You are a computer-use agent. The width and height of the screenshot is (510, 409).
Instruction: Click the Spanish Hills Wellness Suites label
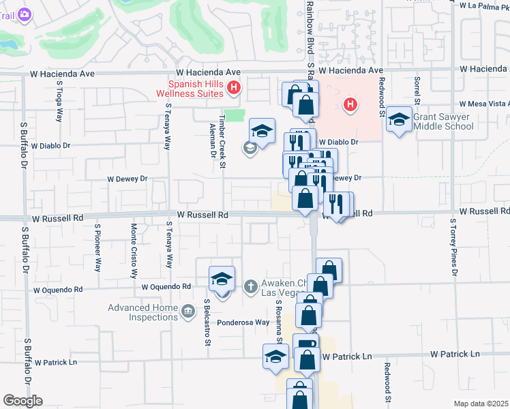[x=190, y=88]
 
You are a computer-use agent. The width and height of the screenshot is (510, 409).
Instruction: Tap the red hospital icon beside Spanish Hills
[x=234, y=87]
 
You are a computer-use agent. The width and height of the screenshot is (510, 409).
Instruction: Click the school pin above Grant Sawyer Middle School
[x=399, y=120]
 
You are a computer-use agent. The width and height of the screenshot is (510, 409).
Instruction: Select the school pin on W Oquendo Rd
[x=222, y=279]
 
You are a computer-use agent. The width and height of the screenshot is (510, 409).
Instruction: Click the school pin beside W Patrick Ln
[x=276, y=357]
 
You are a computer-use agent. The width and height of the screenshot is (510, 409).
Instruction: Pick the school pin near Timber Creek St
[x=261, y=130]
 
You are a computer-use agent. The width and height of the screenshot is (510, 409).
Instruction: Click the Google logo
[x=22, y=401]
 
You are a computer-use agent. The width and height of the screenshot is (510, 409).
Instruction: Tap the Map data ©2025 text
[x=481, y=404]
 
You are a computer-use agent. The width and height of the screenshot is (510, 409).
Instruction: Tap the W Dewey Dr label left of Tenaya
[x=127, y=179]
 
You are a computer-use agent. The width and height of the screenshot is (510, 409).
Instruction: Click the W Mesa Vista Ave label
[x=485, y=104]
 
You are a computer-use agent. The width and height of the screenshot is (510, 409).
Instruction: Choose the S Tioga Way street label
[x=60, y=104]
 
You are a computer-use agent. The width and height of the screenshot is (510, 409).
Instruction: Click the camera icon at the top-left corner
[x=25, y=14]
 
